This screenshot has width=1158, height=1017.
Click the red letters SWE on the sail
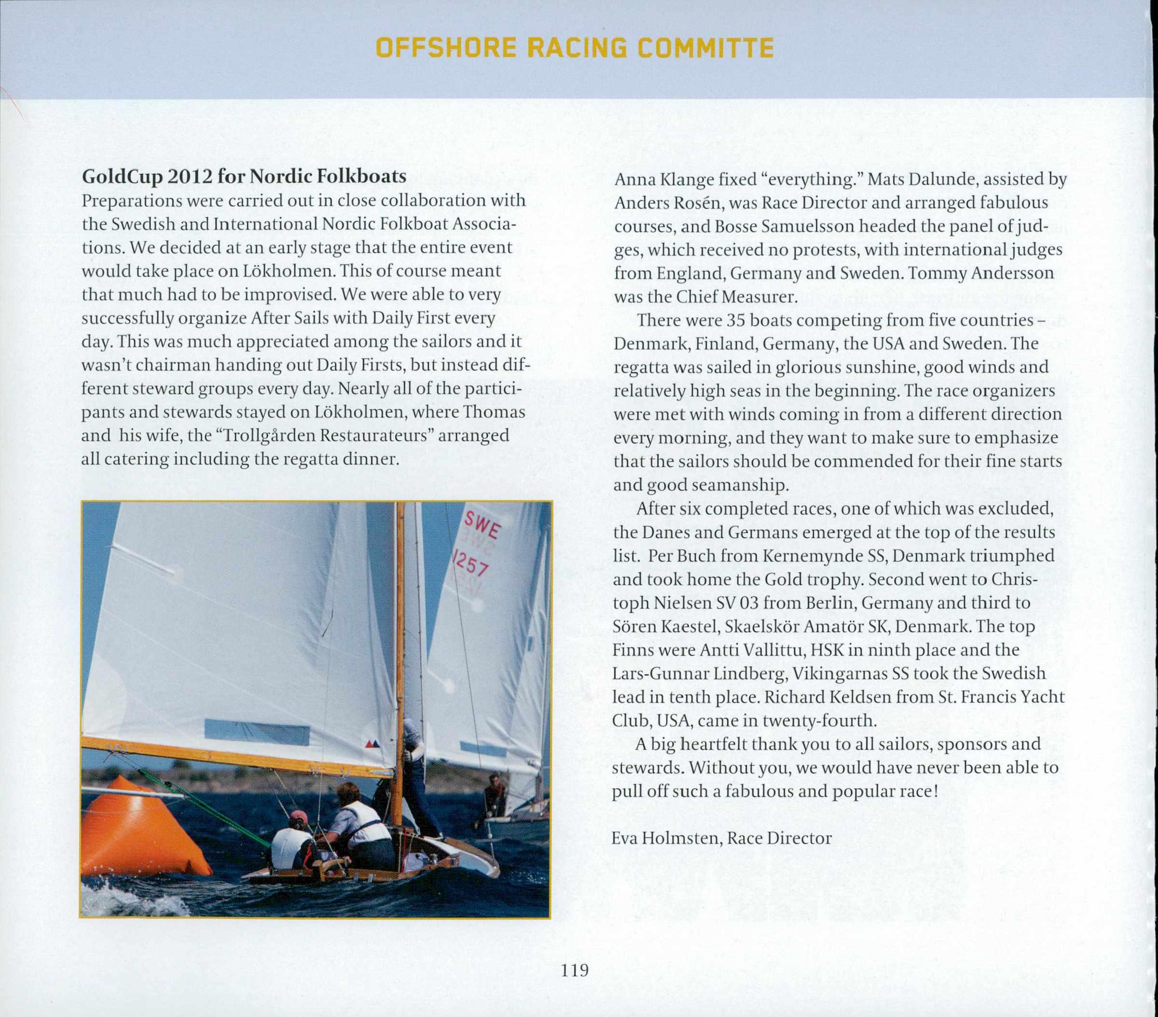click(482, 526)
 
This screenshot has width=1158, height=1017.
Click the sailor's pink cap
click(299, 817)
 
